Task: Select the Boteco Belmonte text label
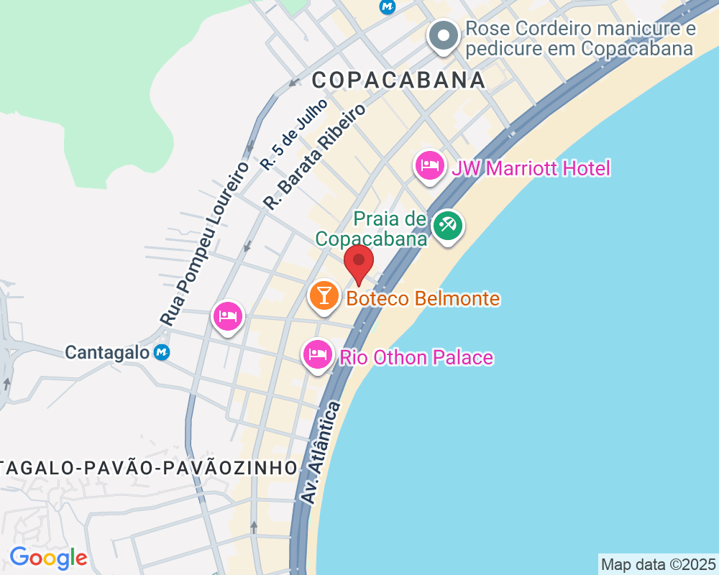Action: coord(423,298)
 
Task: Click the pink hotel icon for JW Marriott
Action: coord(430,166)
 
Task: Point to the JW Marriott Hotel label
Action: coord(531,169)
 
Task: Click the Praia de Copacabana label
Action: coord(371,229)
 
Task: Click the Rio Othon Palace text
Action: coord(416,357)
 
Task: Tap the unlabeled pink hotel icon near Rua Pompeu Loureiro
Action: coord(228,316)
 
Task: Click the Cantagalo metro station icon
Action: coord(162,352)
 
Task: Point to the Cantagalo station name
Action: coord(107,352)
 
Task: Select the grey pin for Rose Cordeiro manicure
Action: coord(444,35)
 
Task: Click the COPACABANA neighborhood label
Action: coord(399,80)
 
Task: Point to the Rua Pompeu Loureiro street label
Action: coord(204,244)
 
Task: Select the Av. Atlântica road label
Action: coord(321,453)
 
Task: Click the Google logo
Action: coord(48,558)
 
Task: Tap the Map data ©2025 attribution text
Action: coord(658,564)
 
